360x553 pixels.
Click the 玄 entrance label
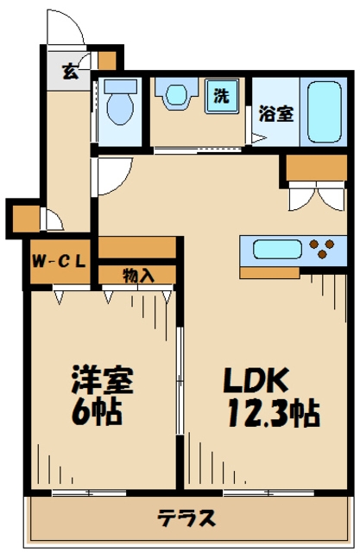point(69,72)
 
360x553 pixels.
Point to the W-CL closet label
point(60,261)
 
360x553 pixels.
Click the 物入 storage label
point(138,276)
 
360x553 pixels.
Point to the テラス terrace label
point(186,518)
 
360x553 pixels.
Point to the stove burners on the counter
point(325,249)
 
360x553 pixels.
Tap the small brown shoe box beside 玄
point(106,61)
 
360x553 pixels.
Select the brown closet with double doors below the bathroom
point(314,169)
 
